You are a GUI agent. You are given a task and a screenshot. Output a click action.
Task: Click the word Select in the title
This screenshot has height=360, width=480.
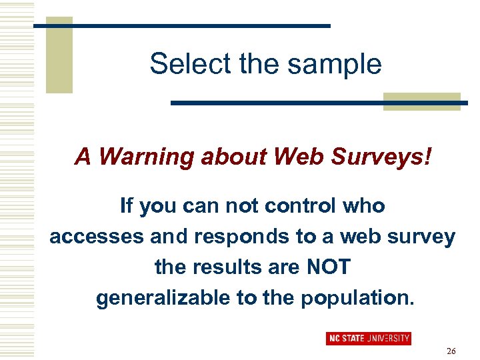pyautogui.click(x=177, y=64)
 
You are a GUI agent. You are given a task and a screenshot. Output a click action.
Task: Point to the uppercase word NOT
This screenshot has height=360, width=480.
pyautogui.click(x=328, y=267)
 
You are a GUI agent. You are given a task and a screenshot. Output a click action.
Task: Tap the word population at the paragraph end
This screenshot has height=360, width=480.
pyautogui.click(x=357, y=298)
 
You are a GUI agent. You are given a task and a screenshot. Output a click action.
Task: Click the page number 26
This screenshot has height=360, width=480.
pyautogui.click(x=451, y=351)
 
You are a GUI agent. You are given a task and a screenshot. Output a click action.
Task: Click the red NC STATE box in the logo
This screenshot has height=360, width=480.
pyautogui.click(x=347, y=339)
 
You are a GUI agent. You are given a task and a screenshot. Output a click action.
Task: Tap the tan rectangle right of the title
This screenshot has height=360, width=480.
pyautogui.click(x=422, y=101)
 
